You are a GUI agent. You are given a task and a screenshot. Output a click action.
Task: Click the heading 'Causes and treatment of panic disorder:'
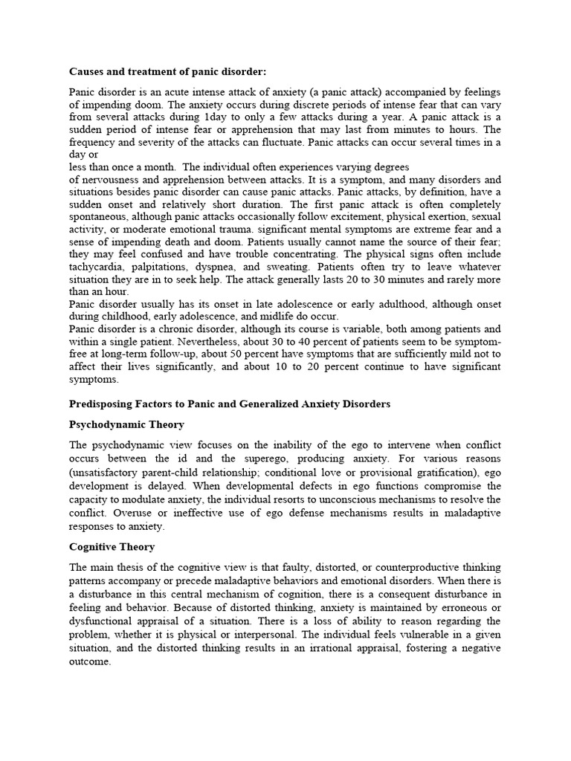167,72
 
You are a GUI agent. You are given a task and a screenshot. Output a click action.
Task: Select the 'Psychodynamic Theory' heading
126,424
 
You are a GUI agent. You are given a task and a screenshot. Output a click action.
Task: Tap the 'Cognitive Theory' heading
112,546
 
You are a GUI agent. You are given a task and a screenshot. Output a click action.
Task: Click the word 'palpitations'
167,267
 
